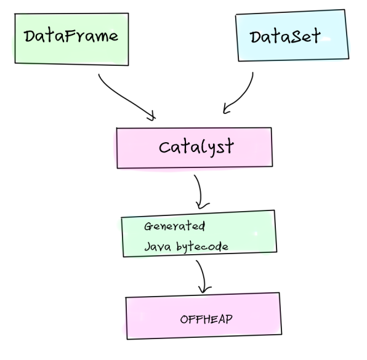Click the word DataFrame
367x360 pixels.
coord(71,36)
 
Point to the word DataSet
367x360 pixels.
coord(285,36)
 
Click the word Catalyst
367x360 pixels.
coord(196,147)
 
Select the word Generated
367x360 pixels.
coord(174,226)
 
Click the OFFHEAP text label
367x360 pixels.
coord(206,319)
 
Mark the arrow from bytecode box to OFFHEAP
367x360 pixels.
coord(201,274)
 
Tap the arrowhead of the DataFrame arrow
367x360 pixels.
coord(151,115)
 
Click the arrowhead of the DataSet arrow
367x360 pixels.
coord(227,110)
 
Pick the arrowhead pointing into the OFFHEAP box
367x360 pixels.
coord(205,290)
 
